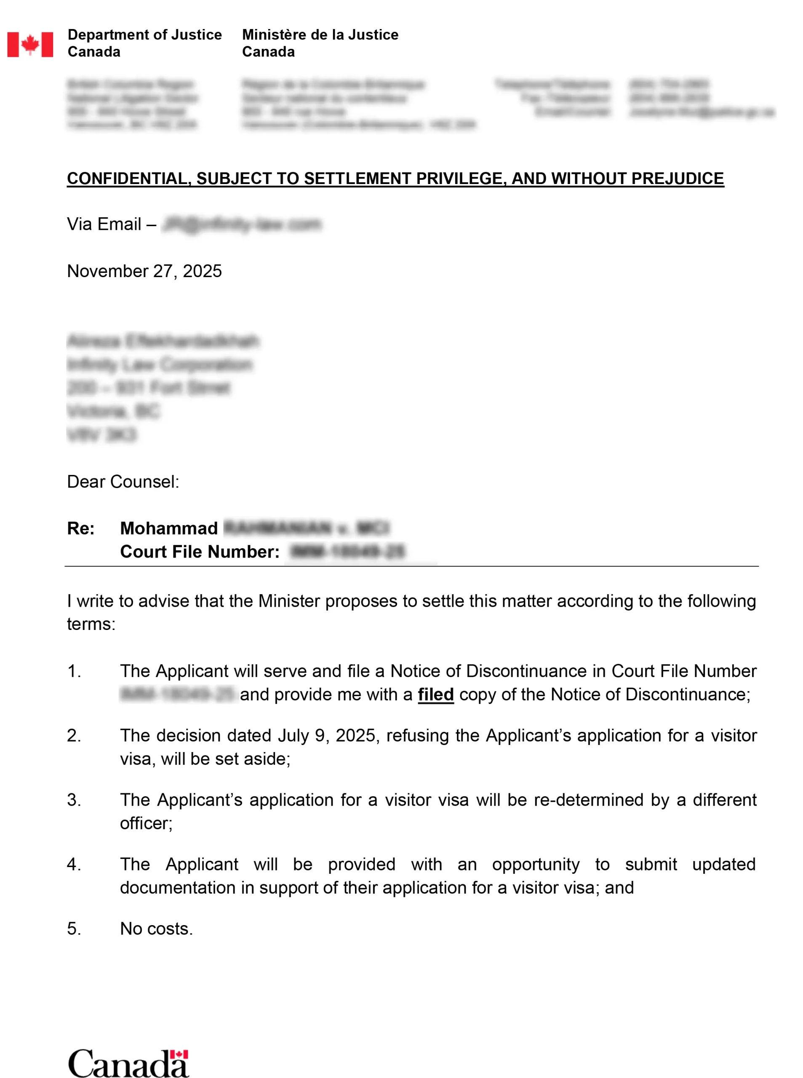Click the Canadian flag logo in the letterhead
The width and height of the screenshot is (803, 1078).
click(30, 45)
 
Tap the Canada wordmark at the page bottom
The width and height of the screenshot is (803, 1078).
click(128, 1063)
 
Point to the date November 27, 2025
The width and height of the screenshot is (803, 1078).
click(144, 271)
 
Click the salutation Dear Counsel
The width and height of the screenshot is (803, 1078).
click(123, 482)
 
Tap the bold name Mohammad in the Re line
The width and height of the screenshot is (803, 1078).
click(169, 528)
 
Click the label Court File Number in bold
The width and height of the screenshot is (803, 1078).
click(200, 552)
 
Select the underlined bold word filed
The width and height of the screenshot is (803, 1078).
click(435, 694)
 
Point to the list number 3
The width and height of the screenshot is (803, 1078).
click(73, 800)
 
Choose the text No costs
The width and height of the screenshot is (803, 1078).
click(157, 929)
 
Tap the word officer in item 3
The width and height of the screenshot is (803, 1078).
click(145, 823)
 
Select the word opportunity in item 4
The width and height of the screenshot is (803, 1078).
click(536, 864)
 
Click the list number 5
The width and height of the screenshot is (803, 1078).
click(73, 929)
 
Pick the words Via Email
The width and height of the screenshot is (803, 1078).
click(104, 224)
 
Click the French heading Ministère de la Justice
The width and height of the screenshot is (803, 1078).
click(320, 35)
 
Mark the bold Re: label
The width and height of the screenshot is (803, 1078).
click(81, 528)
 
